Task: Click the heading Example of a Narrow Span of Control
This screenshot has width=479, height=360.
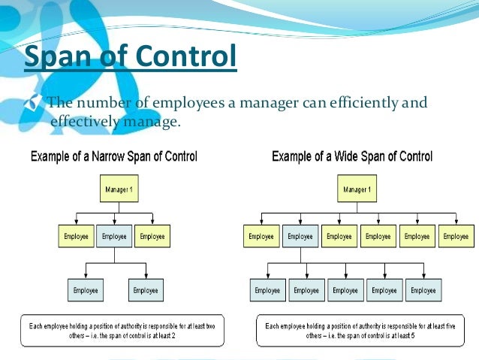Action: [x=113, y=157]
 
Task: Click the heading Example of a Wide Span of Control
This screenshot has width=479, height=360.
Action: [x=352, y=157]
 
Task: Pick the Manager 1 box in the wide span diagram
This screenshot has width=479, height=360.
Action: [x=356, y=189]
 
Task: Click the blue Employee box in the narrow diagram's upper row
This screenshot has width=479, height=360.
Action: [x=114, y=236]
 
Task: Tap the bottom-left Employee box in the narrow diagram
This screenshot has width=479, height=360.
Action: [x=85, y=289]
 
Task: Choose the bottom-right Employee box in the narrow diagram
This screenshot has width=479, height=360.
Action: [x=145, y=289]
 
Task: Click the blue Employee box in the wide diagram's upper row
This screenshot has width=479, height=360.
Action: [x=300, y=236]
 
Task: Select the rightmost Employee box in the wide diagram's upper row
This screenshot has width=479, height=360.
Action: [x=456, y=236]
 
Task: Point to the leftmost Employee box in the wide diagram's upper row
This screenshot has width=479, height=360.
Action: [x=261, y=236]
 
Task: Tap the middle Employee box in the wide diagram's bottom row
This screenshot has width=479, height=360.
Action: [x=345, y=290]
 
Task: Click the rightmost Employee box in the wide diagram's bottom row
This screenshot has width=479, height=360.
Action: [x=423, y=290]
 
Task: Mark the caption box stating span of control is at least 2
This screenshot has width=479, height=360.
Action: [x=121, y=330]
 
